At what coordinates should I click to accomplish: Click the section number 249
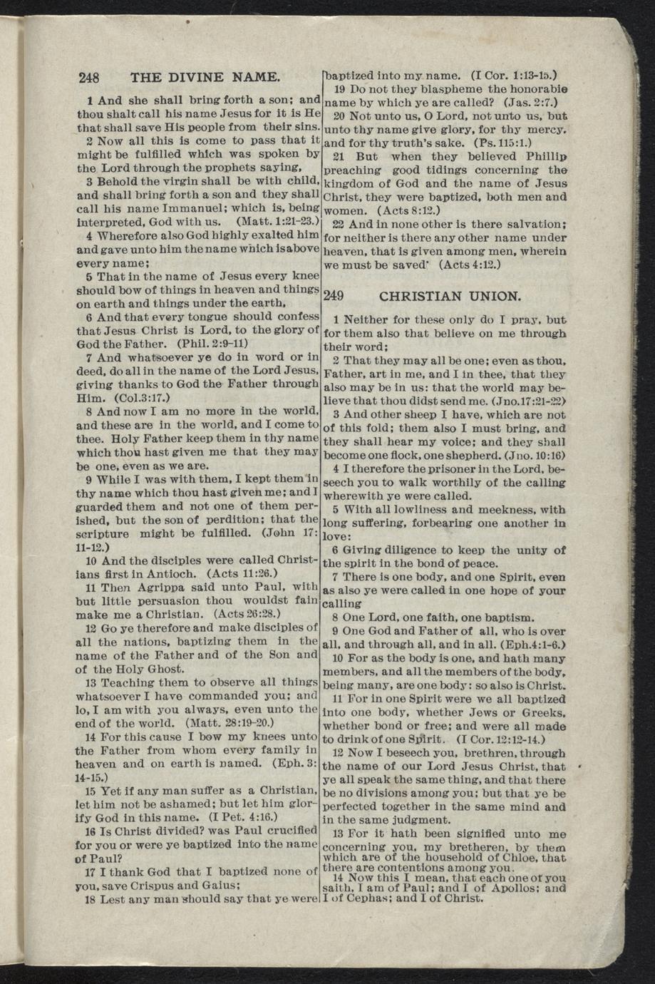pos(334,296)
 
